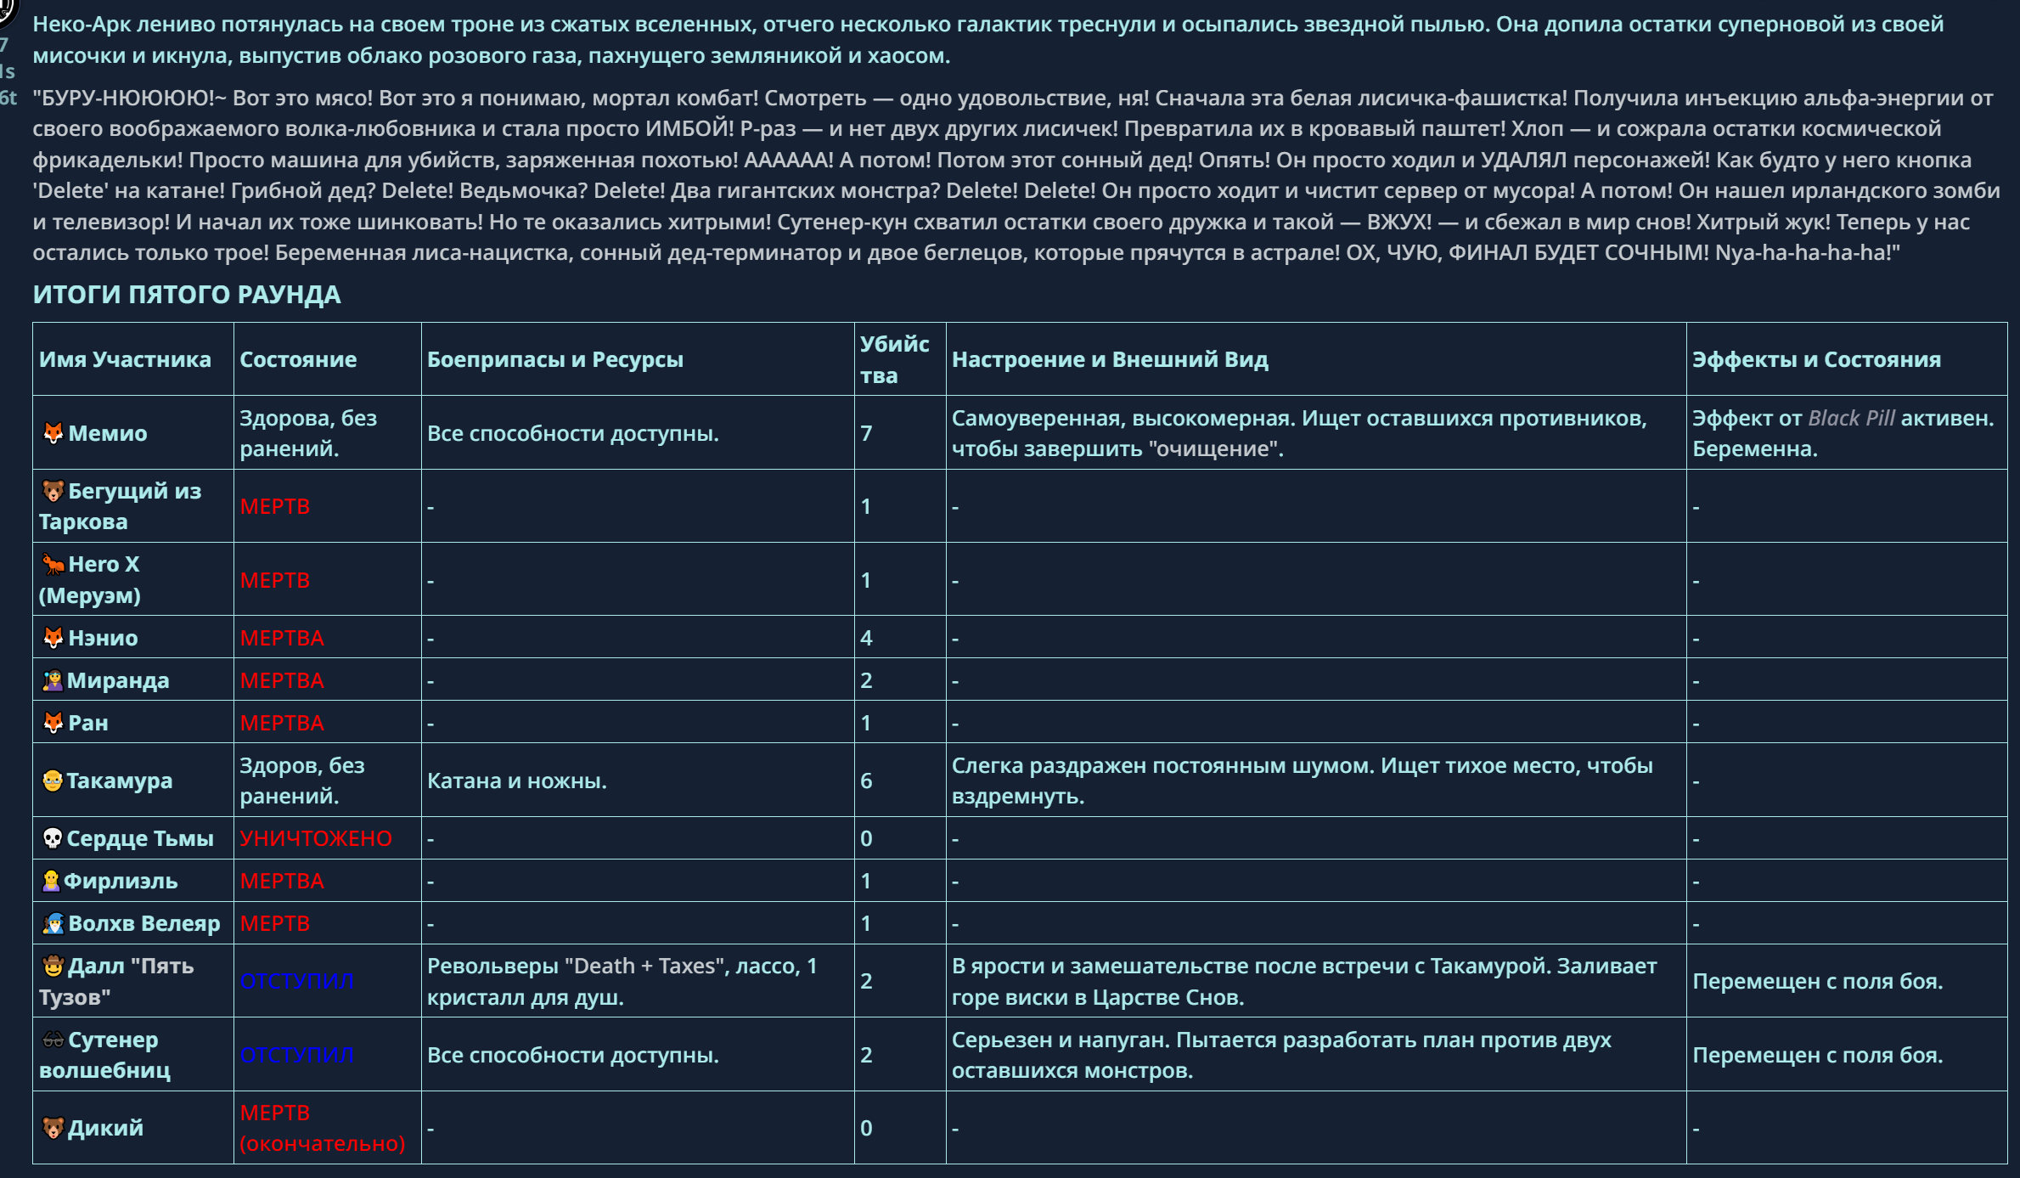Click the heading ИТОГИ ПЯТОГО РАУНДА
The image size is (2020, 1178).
[187, 295]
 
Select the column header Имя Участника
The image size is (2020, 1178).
[125, 359]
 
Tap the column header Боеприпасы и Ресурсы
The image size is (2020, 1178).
[554, 359]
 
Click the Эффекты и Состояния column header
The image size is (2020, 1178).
[1816, 359]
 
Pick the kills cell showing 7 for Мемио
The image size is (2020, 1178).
[866, 433]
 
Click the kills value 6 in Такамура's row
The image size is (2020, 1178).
[866, 781]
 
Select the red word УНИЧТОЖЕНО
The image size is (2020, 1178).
[315, 838]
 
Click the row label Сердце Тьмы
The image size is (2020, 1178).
[140, 838]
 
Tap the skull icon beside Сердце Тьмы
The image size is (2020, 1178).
[52, 838]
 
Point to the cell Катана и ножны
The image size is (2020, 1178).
[516, 781]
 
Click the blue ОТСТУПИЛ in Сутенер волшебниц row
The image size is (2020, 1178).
[296, 1055]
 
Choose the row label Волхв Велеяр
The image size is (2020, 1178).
[143, 923]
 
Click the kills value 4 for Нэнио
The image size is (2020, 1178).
[866, 638]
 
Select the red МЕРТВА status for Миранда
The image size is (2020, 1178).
[281, 680]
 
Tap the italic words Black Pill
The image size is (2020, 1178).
[1851, 418]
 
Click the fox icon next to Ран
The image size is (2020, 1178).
[53, 723]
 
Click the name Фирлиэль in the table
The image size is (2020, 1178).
[121, 881]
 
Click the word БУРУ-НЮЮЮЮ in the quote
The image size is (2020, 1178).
[127, 98]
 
